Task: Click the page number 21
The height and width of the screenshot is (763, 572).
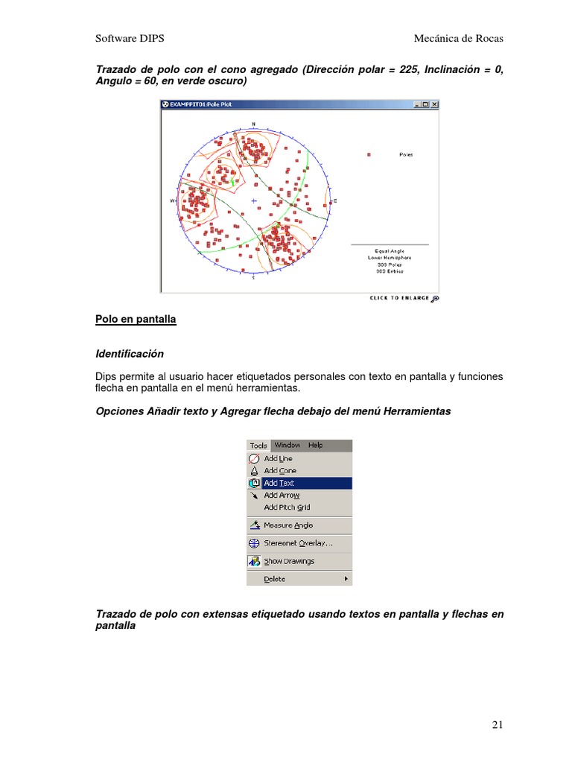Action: [498, 724]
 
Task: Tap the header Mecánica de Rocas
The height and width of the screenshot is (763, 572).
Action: [463, 38]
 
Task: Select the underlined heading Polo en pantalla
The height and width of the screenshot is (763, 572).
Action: [136, 319]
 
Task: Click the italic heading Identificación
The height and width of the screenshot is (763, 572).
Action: [130, 353]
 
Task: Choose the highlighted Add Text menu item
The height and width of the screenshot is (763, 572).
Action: [279, 483]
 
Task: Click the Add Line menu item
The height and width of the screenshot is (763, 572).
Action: [278, 458]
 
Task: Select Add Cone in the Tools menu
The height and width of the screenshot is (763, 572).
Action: [280, 471]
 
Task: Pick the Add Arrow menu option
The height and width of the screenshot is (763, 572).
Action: [282, 495]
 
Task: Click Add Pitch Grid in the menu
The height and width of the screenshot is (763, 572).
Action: [287, 507]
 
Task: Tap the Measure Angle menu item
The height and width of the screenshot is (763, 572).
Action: [288, 525]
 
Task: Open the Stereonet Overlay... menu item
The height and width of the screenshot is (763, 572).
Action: [298, 543]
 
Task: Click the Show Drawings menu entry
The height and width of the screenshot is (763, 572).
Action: [289, 561]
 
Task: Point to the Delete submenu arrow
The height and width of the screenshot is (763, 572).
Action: [346, 579]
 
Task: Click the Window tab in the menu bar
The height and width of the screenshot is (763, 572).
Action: [287, 445]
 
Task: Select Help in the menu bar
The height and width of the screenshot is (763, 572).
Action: [315, 445]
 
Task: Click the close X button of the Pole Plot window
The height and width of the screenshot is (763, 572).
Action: [435, 104]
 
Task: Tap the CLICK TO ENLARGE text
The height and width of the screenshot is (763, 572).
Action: [399, 298]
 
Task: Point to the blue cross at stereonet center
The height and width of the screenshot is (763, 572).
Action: [254, 200]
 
